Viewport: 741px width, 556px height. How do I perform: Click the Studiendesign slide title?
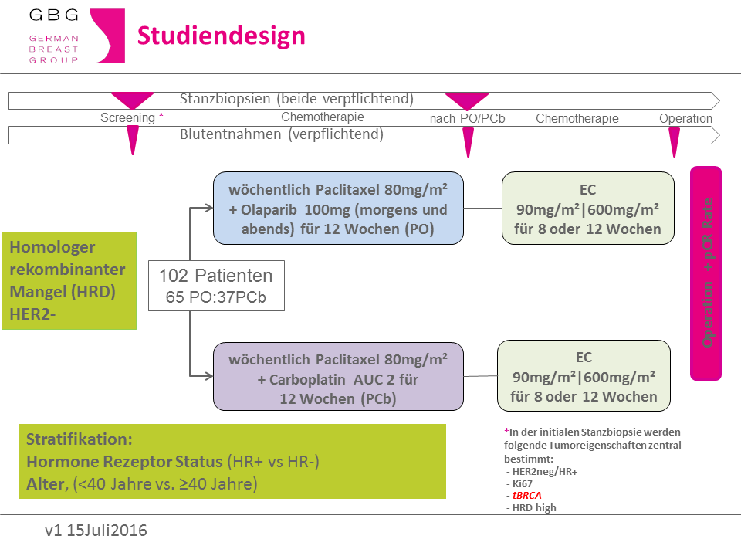222,36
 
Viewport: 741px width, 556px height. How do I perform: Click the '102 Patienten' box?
216,286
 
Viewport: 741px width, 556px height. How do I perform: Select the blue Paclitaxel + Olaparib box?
338,208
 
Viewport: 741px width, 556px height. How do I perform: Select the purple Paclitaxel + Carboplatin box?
338,376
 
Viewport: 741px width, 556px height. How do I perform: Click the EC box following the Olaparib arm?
588,208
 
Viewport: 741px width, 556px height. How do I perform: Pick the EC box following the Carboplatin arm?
584,375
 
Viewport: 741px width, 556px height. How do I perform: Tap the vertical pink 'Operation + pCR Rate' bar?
706,273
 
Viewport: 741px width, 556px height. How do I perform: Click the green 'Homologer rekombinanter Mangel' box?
69,280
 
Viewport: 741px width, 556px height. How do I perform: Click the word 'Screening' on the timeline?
127,117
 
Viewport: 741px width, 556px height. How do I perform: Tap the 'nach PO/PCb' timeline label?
468,118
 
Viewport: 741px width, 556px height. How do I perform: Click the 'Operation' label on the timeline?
685,118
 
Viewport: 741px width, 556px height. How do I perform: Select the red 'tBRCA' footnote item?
527,496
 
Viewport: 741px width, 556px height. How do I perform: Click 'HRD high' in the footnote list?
534,508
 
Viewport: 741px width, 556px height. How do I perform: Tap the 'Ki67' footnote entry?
523,483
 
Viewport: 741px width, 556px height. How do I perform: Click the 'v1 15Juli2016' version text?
96,531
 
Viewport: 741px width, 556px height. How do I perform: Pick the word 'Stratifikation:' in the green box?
80,439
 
